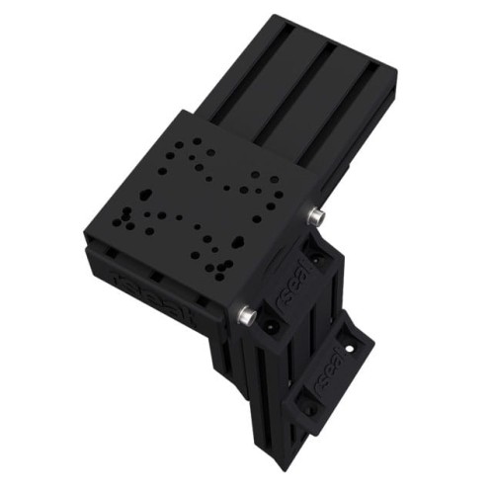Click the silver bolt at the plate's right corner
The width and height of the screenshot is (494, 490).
(315, 215)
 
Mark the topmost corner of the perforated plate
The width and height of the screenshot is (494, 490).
(178, 108)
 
